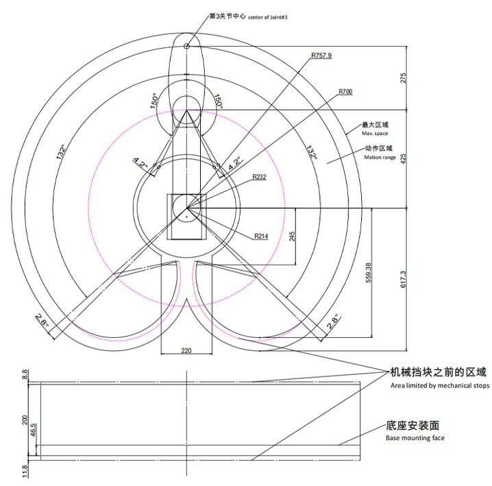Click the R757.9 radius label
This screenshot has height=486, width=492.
(321, 56)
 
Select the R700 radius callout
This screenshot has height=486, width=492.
(345, 92)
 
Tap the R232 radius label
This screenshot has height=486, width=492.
(260, 177)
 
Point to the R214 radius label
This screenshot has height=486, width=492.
(261, 236)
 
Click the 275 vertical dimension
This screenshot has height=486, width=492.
(403, 78)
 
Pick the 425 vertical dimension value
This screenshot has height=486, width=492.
(404, 158)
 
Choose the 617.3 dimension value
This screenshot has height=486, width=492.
(403, 280)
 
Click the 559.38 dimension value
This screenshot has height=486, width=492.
(369, 273)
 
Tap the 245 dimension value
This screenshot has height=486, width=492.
(292, 236)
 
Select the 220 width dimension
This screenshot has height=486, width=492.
(186, 350)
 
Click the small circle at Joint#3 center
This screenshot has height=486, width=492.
(186, 47)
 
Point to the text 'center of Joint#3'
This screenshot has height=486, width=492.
(268, 18)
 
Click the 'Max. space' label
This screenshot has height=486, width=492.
(375, 134)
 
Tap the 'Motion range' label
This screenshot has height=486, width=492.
(380, 157)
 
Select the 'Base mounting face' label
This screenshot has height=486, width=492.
(415, 437)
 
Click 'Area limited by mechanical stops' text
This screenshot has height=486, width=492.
(440, 385)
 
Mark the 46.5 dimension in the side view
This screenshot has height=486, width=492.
(34, 430)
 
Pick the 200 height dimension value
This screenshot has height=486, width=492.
(25, 420)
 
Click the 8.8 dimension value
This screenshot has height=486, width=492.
(25, 374)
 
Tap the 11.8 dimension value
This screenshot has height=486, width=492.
(25, 472)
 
